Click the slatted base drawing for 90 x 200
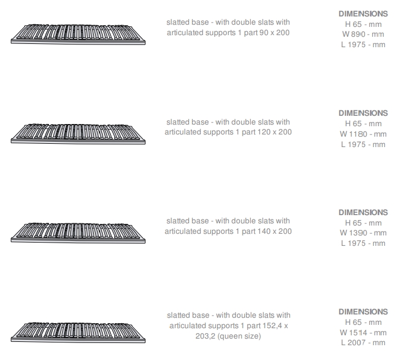[x=78, y=35]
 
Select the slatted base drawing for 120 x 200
[x=78, y=134]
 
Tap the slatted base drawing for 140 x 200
[x=78, y=233]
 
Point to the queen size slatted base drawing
[x=78, y=333]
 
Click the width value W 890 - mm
[x=363, y=34]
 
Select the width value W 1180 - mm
[x=363, y=134]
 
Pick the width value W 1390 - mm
[x=363, y=233]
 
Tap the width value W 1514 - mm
[x=363, y=333]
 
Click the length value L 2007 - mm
[x=363, y=343]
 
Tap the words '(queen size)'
[x=239, y=336]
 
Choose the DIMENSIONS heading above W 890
[x=363, y=14]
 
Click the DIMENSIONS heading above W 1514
[x=363, y=312]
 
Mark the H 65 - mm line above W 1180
[x=363, y=124]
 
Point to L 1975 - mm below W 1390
[x=363, y=243]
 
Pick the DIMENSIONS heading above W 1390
[x=363, y=212]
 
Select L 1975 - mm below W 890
[x=363, y=44]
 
